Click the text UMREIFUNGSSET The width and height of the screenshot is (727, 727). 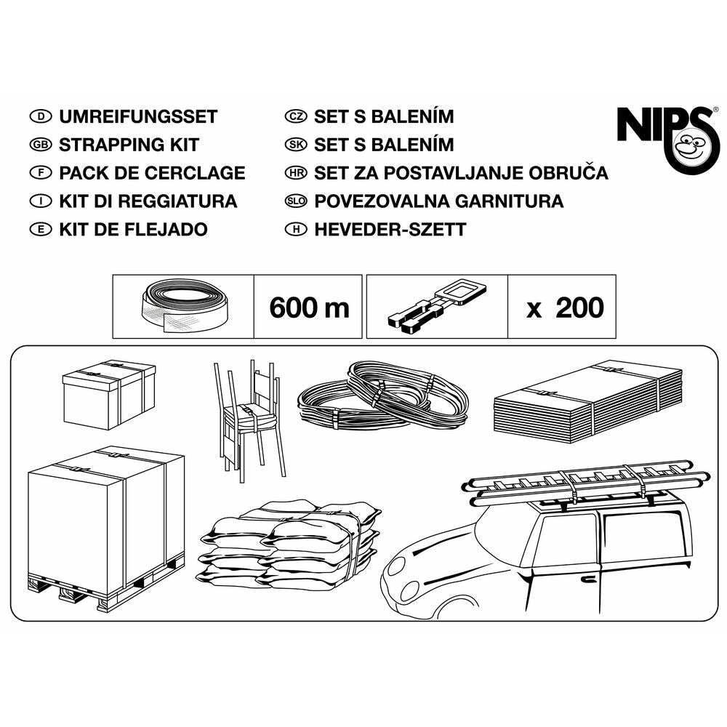click(x=138, y=117)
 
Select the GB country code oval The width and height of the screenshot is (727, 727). click(x=41, y=145)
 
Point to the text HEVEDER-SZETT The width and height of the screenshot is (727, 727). click(x=390, y=230)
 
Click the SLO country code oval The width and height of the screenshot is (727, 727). click(x=296, y=201)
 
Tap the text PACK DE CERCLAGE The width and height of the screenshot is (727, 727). click(x=152, y=173)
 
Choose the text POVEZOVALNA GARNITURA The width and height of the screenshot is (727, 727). click(x=438, y=201)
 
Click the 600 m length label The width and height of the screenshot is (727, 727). click(x=309, y=308)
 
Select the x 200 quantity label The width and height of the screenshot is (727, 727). click(x=565, y=308)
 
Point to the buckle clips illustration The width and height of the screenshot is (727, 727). click(x=438, y=305)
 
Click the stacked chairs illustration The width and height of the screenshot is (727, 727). click(x=249, y=419)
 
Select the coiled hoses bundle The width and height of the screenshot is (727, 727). click(x=383, y=394)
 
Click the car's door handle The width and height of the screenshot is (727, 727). click(x=588, y=578)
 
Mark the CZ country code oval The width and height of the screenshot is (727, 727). click(x=296, y=116)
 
